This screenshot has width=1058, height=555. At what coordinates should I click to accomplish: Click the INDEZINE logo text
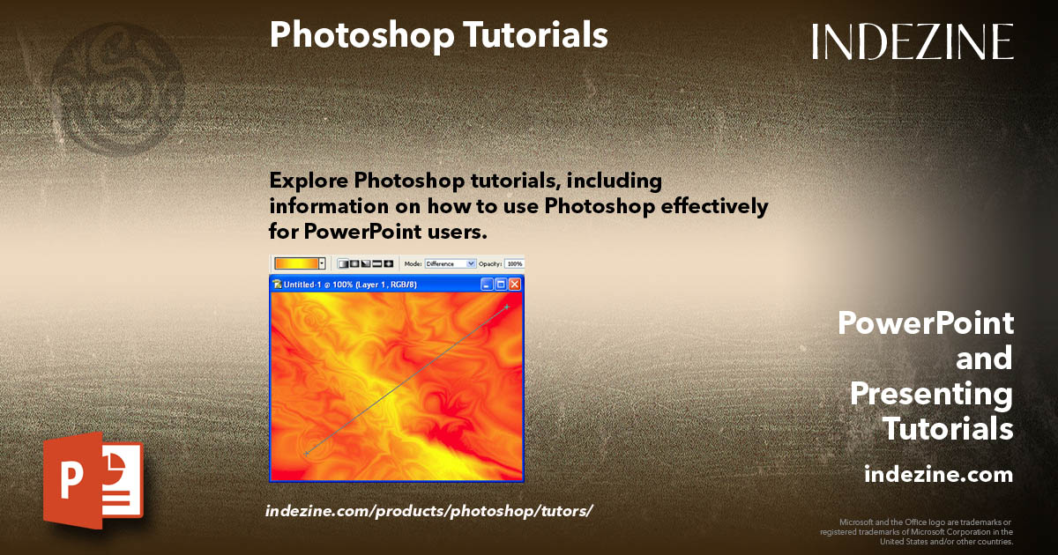pyautogui.click(x=913, y=41)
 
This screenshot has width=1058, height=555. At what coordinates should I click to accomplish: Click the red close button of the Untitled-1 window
pyautogui.click(x=515, y=285)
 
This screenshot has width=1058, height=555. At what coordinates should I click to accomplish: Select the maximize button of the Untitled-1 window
pyautogui.click(x=501, y=285)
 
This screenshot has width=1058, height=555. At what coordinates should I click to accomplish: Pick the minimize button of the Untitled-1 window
pyautogui.click(x=487, y=285)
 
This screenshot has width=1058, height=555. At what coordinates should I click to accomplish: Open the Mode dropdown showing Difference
pyautogui.click(x=451, y=263)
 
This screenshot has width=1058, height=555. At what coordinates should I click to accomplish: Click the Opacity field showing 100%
pyautogui.click(x=514, y=263)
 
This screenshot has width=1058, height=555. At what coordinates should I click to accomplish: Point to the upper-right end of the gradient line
pyautogui.click(x=507, y=307)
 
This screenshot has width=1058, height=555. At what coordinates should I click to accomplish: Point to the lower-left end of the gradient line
pyautogui.click(x=306, y=453)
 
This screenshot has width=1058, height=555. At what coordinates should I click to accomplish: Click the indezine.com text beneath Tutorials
pyautogui.click(x=938, y=475)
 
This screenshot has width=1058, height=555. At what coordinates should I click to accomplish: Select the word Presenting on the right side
pyautogui.click(x=931, y=394)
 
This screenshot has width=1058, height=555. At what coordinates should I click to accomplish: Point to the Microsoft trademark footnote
pyautogui.click(x=917, y=531)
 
